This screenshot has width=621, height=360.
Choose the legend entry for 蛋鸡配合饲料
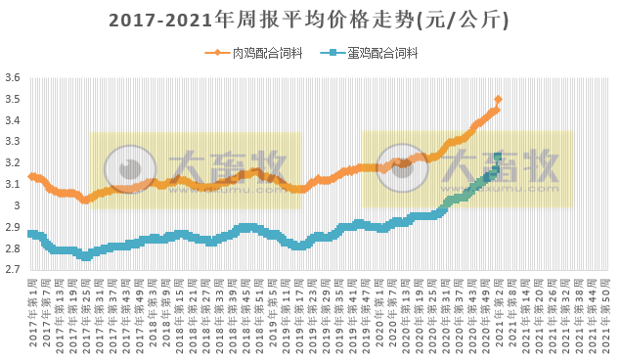(377, 54)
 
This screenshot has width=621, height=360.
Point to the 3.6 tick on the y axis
(13, 78)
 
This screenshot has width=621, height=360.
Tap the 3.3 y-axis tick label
(13, 142)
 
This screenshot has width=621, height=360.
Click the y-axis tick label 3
(17, 206)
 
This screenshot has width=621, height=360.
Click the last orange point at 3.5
(499, 100)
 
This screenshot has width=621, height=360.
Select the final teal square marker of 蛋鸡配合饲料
(498, 157)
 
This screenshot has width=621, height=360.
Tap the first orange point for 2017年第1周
(31, 177)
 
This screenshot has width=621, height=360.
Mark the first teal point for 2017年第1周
(31, 234)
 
